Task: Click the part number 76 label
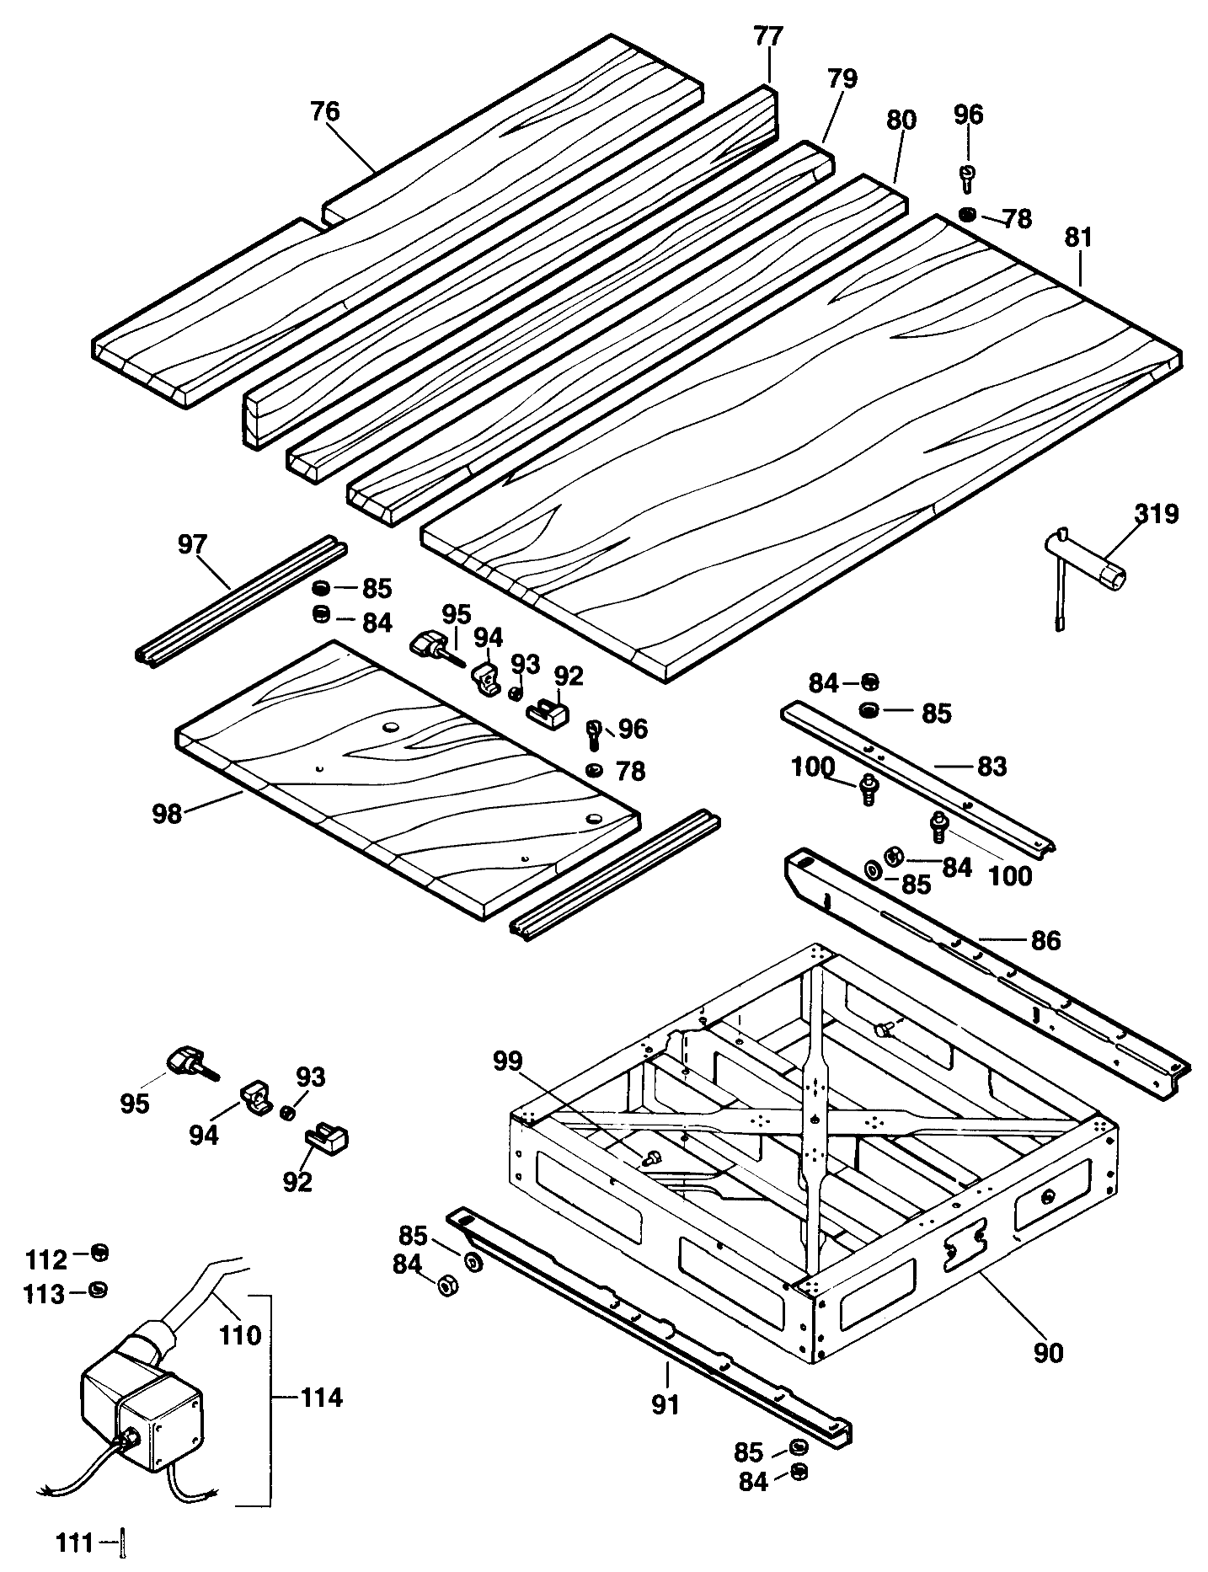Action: pyautogui.click(x=325, y=112)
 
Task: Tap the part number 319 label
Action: pyautogui.click(x=1156, y=513)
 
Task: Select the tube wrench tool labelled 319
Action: pyautogui.click(x=1090, y=573)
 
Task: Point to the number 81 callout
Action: pyautogui.click(x=1077, y=238)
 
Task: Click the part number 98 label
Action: pyautogui.click(x=168, y=814)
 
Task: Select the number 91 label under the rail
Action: pyautogui.click(x=665, y=1404)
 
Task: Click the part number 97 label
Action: pyautogui.click(x=193, y=543)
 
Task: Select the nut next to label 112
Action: pyautogui.click(x=99, y=1253)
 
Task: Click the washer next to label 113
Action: pyautogui.click(x=99, y=1289)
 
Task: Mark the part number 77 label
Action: pyautogui.click(x=767, y=36)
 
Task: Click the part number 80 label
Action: pyautogui.click(x=901, y=120)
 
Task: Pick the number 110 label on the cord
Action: pyautogui.click(x=241, y=1335)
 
